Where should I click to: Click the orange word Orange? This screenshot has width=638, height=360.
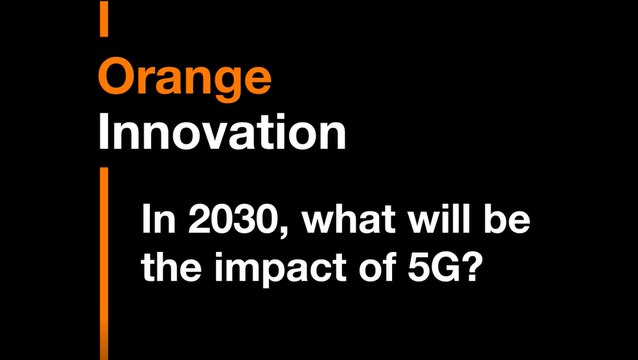click(184, 79)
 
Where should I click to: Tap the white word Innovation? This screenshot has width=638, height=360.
click(222, 131)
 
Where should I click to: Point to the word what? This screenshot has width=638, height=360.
click(348, 220)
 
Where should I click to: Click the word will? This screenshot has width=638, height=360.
click(439, 220)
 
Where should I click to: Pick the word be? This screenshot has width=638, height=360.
click(508, 220)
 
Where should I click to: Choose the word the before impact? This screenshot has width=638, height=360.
click(171, 267)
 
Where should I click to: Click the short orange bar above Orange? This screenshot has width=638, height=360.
click(104, 18)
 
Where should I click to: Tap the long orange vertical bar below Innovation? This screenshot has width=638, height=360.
click(104, 264)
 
